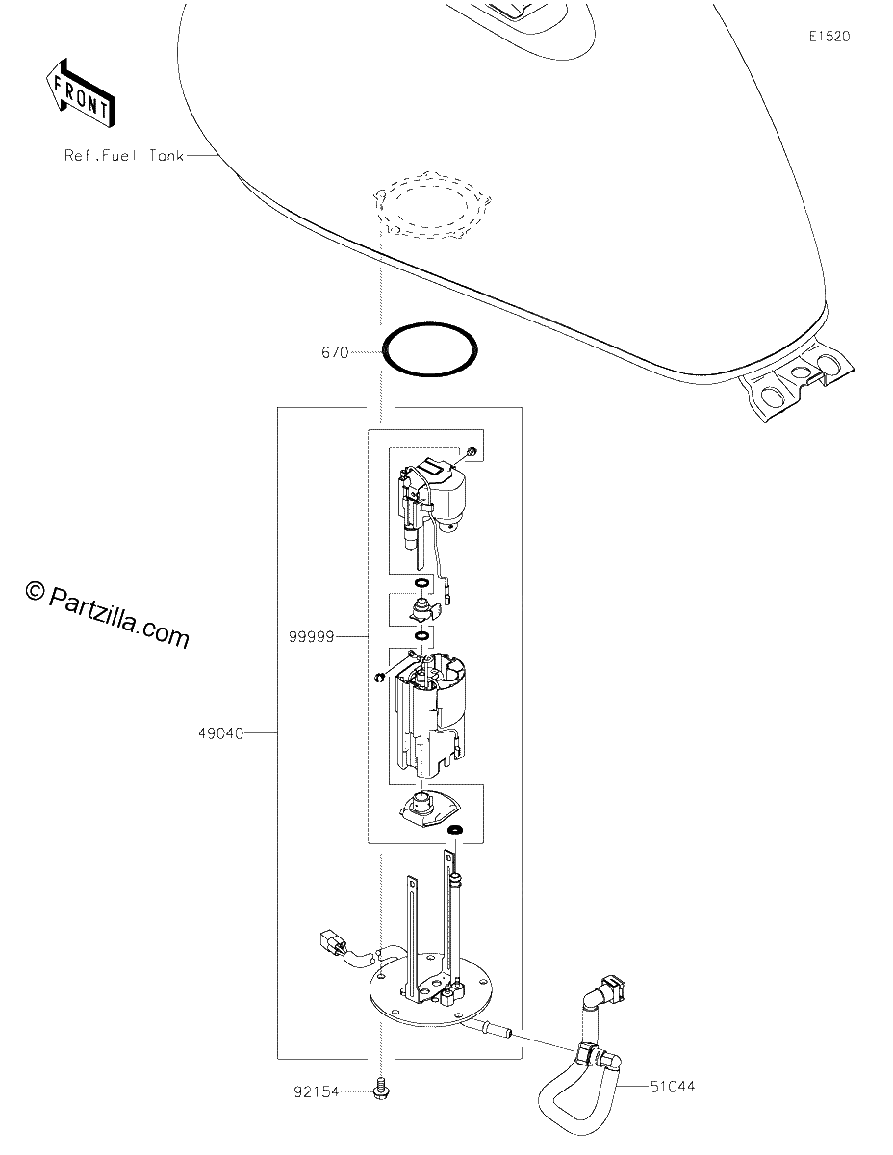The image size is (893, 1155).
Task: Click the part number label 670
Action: coord(335,353)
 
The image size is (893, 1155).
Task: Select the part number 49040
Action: coord(220,734)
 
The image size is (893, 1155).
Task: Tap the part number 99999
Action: coord(312,637)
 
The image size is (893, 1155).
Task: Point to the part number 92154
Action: coord(316,1091)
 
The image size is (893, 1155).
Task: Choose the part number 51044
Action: coord(672,1087)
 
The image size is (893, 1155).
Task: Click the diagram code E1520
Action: coord(829,37)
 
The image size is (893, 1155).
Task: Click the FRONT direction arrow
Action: coord(80,93)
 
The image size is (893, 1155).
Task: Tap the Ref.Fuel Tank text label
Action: coord(124,155)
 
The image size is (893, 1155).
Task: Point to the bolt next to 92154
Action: coord(380,1089)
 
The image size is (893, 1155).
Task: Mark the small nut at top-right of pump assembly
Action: coord(472,451)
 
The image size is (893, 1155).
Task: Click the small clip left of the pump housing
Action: coord(380,678)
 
